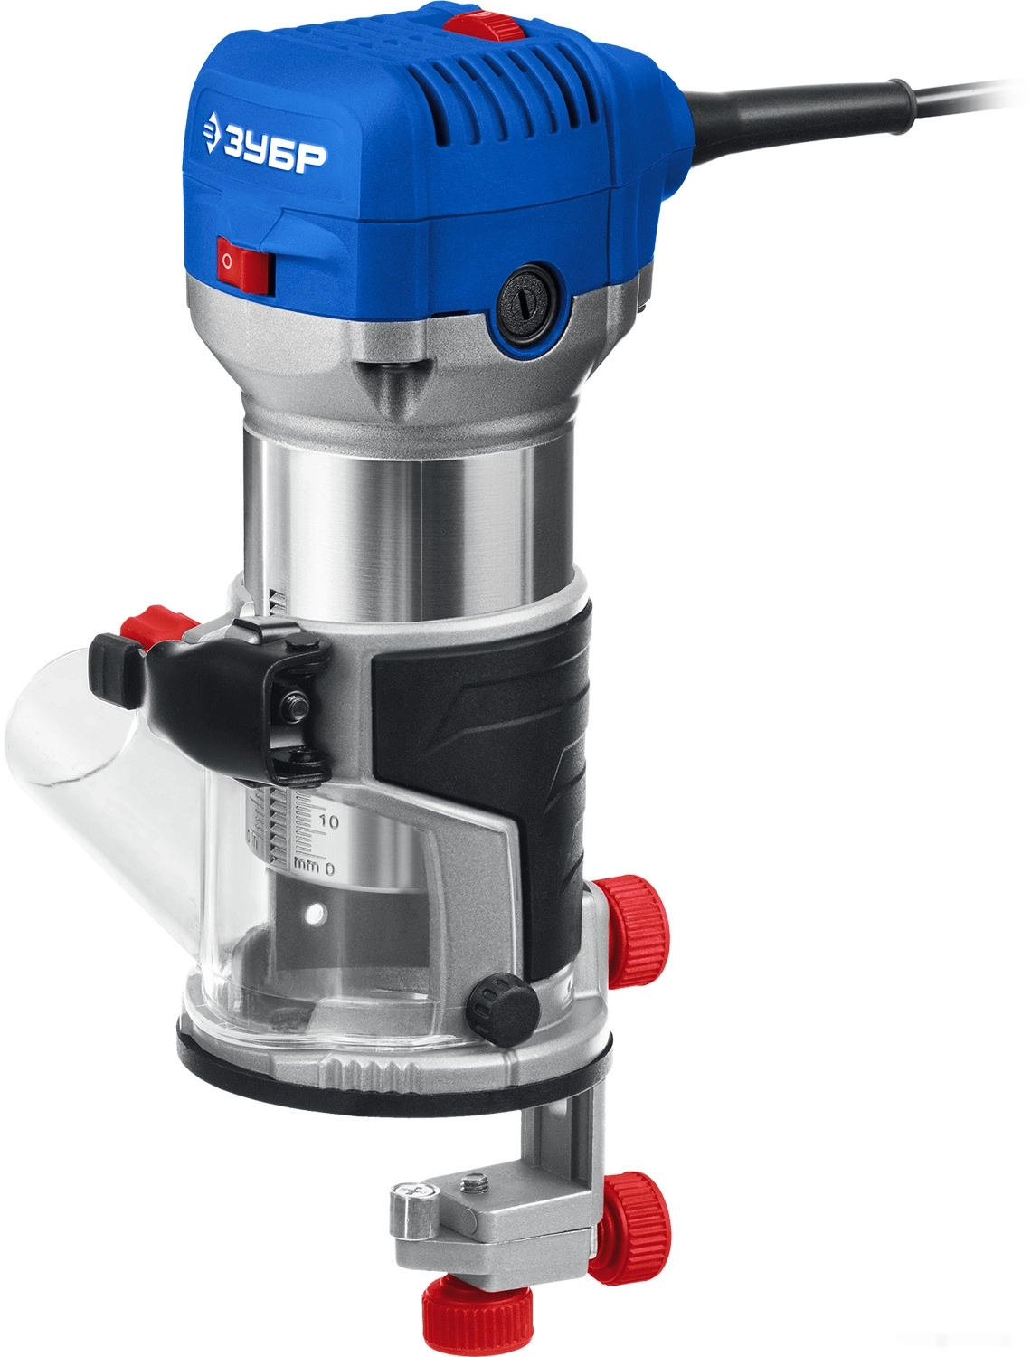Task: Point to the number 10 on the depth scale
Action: pyautogui.click(x=329, y=821)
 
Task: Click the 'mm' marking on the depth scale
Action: pyautogui.click(x=307, y=864)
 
